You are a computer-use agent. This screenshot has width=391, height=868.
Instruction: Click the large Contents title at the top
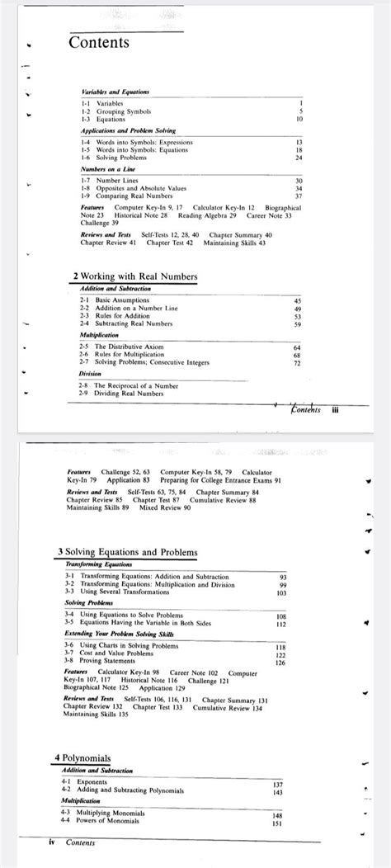(99, 41)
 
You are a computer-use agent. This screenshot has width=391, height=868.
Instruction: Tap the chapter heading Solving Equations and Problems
(128, 552)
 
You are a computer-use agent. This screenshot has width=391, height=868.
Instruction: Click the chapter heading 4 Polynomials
(82, 757)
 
